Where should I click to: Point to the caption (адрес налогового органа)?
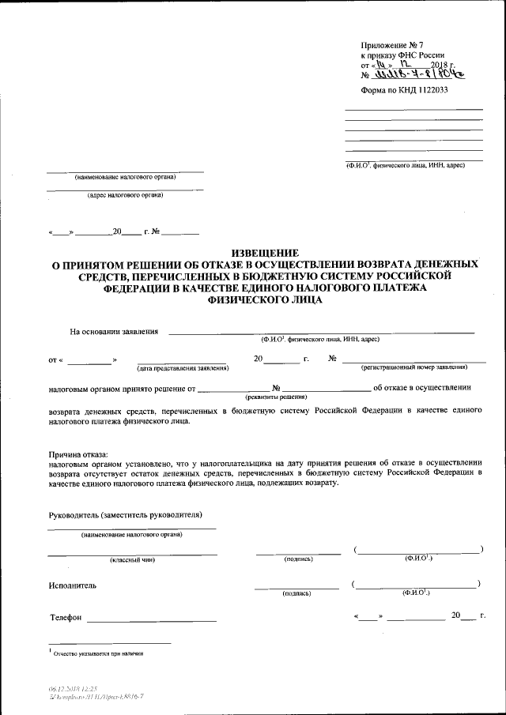click(125, 196)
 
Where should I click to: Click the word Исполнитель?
click(72, 585)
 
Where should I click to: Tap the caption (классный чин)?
click(132, 560)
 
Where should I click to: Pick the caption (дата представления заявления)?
click(182, 368)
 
